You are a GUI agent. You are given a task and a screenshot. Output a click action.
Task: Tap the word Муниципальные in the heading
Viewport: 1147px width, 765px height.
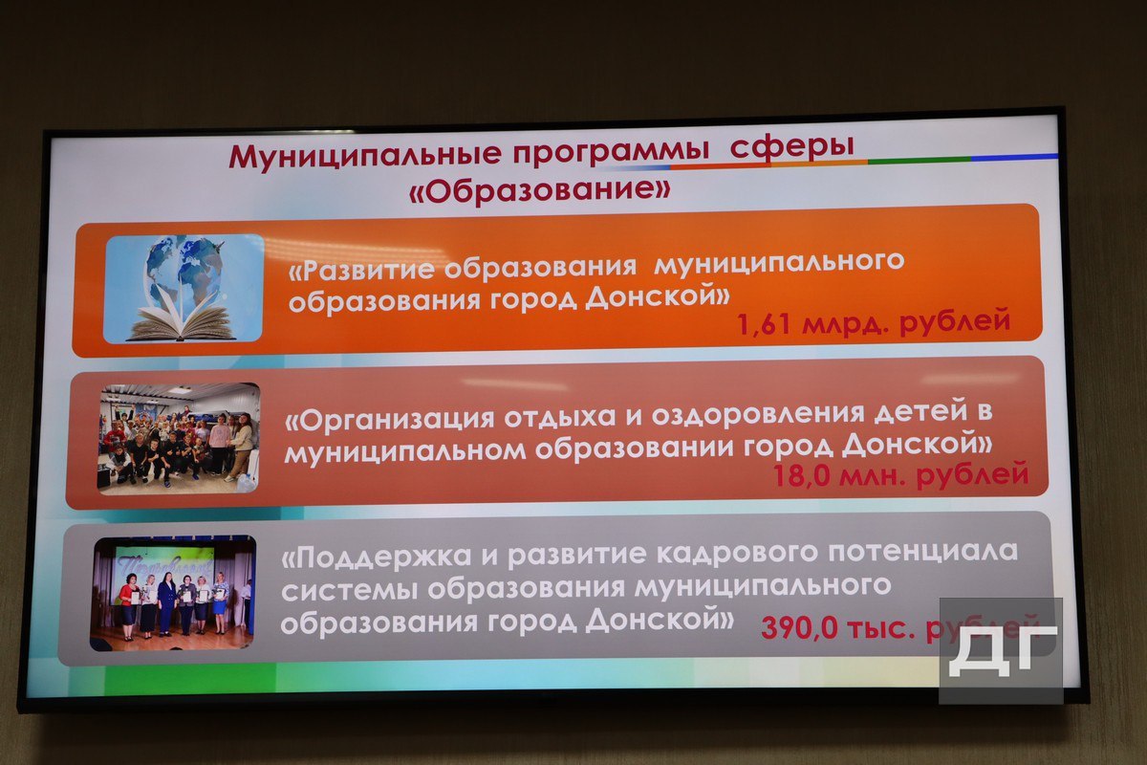point(364,156)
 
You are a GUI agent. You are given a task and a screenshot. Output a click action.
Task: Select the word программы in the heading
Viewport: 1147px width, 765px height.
point(612,153)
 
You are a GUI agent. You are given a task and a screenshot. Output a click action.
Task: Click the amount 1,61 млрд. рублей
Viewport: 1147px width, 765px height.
point(874,322)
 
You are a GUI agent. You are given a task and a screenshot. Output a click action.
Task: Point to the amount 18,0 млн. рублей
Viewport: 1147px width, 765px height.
point(900,474)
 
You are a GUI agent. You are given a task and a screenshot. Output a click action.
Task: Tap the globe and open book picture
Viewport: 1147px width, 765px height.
point(184,289)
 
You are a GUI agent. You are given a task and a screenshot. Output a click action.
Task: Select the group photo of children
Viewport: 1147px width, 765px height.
point(179,438)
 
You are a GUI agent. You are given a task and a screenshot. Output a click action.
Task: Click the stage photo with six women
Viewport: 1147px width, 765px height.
point(174,593)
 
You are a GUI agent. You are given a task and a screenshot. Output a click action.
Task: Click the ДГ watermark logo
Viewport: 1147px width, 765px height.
point(1002,650)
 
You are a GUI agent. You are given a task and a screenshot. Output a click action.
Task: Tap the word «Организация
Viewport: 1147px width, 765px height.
point(390,420)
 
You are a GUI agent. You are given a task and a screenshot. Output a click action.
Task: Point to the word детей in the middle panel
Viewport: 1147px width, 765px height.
point(921,412)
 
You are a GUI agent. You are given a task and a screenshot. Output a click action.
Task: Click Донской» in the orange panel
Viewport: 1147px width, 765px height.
point(658,295)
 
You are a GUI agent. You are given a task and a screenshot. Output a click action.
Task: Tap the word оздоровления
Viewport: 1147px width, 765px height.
point(758,414)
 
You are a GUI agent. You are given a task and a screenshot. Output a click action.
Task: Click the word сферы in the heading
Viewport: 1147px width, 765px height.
point(792,148)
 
